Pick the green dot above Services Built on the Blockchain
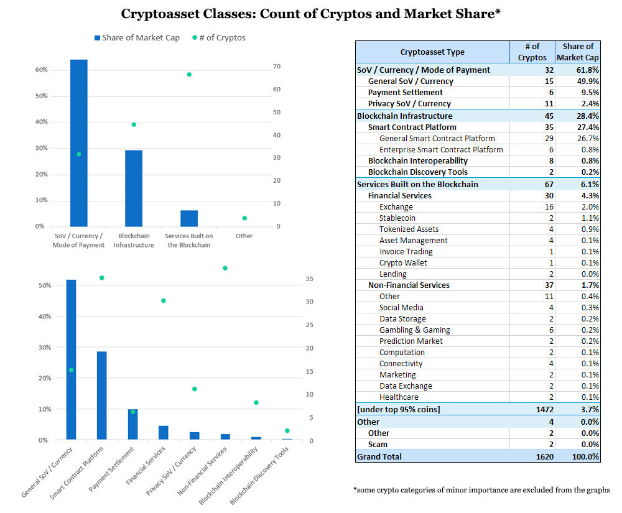click(x=189, y=75)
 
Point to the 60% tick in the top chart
click(x=41, y=70)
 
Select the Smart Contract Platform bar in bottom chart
click(x=101, y=395)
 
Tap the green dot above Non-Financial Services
click(x=225, y=268)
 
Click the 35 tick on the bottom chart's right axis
click(x=310, y=279)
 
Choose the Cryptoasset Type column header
click(x=432, y=52)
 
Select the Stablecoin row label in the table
click(x=397, y=218)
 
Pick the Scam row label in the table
click(x=378, y=445)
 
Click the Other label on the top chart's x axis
click(x=244, y=236)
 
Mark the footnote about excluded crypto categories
click(x=482, y=490)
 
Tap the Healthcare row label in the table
click(x=399, y=397)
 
